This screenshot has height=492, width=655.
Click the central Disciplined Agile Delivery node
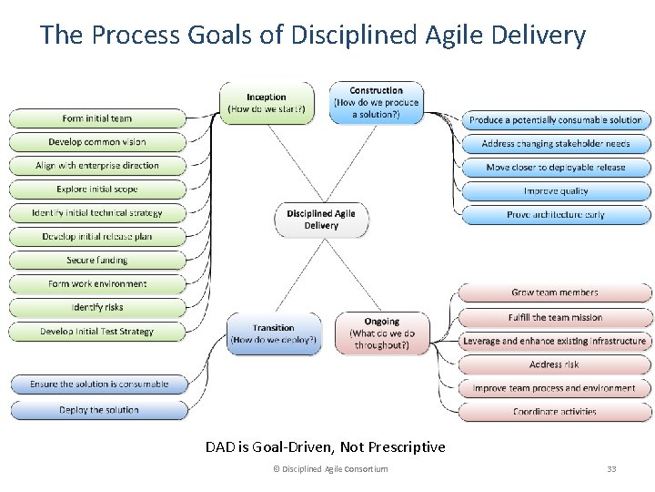pyautogui.click(x=321, y=220)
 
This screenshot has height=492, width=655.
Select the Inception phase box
pyautogui.click(x=267, y=103)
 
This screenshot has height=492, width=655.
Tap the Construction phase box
pyautogui.click(x=376, y=103)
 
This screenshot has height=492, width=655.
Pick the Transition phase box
pyautogui.click(x=274, y=333)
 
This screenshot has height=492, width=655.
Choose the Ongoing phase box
pyautogui.click(x=381, y=333)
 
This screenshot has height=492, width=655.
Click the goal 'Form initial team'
pyautogui.click(x=97, y=118)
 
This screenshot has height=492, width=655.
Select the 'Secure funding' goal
pyautogui.click(x=97, y=261)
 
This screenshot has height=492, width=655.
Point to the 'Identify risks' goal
pyautogui.click(x=97, y=308)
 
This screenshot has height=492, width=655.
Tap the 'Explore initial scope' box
pyautogui.click(x=97, y=190)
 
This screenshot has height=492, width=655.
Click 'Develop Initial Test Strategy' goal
pyautogui.click(x=97, y=332)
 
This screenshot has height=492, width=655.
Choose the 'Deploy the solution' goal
pyautogui.click(x=98, y=410)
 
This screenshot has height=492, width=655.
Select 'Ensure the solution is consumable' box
pyautogui.click(x=98, y=384)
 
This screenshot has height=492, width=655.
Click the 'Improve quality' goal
pyautogui.click(x=556, y=191)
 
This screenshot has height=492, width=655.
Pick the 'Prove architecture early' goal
pyautogui.click(x=556, y=215)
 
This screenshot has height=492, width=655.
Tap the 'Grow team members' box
pyautogui.click(x=554, y=292)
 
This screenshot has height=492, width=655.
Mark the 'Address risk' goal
pyautogui.click(x=554, y=364)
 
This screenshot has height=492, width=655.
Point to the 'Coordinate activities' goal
pyautogui.click(x=554, y=412)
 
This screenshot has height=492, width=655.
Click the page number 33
pyautogui.click(x=611, y=469)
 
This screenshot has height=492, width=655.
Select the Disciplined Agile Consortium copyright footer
pyautogui.click(x=330, y=469)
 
